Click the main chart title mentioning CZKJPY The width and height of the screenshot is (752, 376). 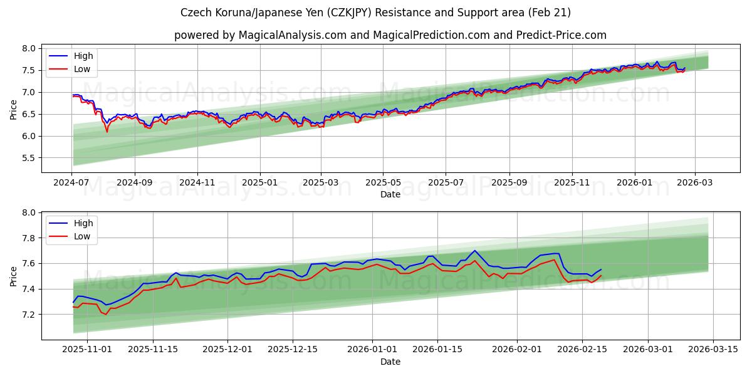(375, 13)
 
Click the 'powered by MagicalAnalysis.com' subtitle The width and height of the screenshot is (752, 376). (390, 35)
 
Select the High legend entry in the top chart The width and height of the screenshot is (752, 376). (83, 56)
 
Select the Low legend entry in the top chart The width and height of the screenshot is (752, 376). (82, 69)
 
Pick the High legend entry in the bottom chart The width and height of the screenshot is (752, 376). (83, 223)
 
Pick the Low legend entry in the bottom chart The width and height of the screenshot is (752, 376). (82, 236)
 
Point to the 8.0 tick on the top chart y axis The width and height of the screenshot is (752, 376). (28, 49)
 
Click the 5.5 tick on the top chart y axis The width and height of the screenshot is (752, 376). (28, 159)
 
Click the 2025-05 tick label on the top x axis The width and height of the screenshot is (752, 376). (383, 182)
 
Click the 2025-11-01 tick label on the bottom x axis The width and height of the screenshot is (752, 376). (87, 350)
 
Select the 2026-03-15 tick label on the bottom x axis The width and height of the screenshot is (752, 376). (714, 350)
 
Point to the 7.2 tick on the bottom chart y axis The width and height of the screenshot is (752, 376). (28, 315)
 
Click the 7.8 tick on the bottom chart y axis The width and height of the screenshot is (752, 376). (28, 239)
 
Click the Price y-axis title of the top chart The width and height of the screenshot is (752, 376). (14, 109)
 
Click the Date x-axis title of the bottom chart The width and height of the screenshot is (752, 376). (390, 362)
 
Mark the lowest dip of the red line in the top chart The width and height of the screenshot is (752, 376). (107, 132)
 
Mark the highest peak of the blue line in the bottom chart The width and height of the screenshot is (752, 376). (474, 251)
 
